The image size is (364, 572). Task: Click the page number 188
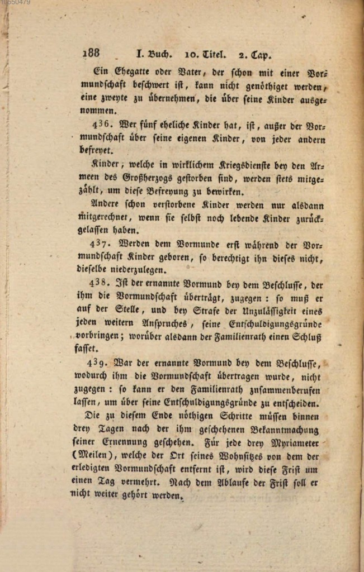[91, 54]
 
